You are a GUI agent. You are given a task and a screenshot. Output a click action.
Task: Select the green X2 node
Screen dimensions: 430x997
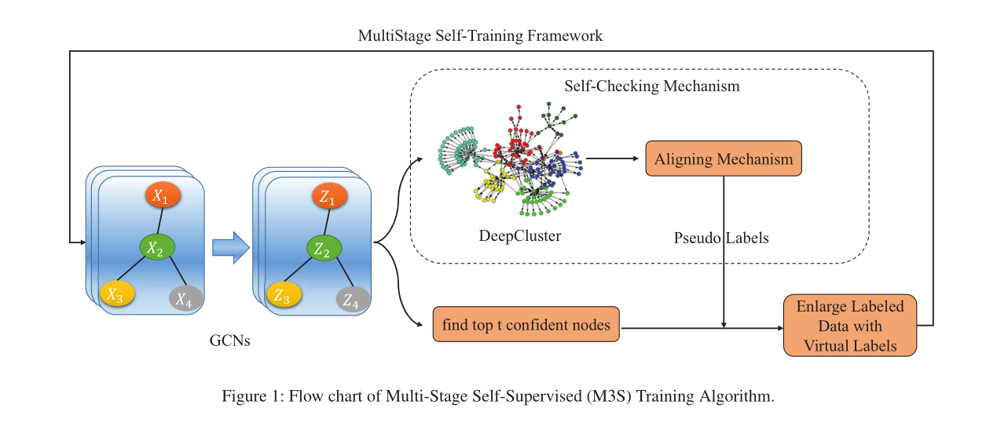pyautogui.click(x=156, y=248)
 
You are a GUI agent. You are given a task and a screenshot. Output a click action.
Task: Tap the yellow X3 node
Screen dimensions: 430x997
pyautogui.click(x=116, y=294)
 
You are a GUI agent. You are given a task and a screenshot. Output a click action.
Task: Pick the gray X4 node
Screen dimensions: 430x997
pyautogui.click(x=185, y=298)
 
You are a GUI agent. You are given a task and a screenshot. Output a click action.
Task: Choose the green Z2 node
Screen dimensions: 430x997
pyautogui.click(x=323, y=249)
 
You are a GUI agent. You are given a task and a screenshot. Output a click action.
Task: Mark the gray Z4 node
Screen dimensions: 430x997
pyautogui.click(x=352, y=299)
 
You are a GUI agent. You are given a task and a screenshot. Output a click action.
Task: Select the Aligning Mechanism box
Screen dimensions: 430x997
pyautogui.click(x=723, y=159)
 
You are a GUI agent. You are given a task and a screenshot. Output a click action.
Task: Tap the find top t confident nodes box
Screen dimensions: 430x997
pyautogui.click(x=526, y=325)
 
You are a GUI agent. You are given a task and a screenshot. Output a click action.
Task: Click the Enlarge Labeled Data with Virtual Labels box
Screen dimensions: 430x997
pyautogui.click(x=850, y=325)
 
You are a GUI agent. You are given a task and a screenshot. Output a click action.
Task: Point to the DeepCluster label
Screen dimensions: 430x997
pyautogui.click(x=519, y=235)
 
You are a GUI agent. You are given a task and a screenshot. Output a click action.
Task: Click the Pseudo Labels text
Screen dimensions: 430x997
pyautogui.click(x=721, y=238)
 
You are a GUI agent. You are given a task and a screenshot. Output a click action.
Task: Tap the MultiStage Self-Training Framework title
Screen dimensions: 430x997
pyautogui.click(x=480, y=36)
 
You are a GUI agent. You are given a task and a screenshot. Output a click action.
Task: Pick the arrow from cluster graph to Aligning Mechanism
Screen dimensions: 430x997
pyautogui.click(x=613, y=159)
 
